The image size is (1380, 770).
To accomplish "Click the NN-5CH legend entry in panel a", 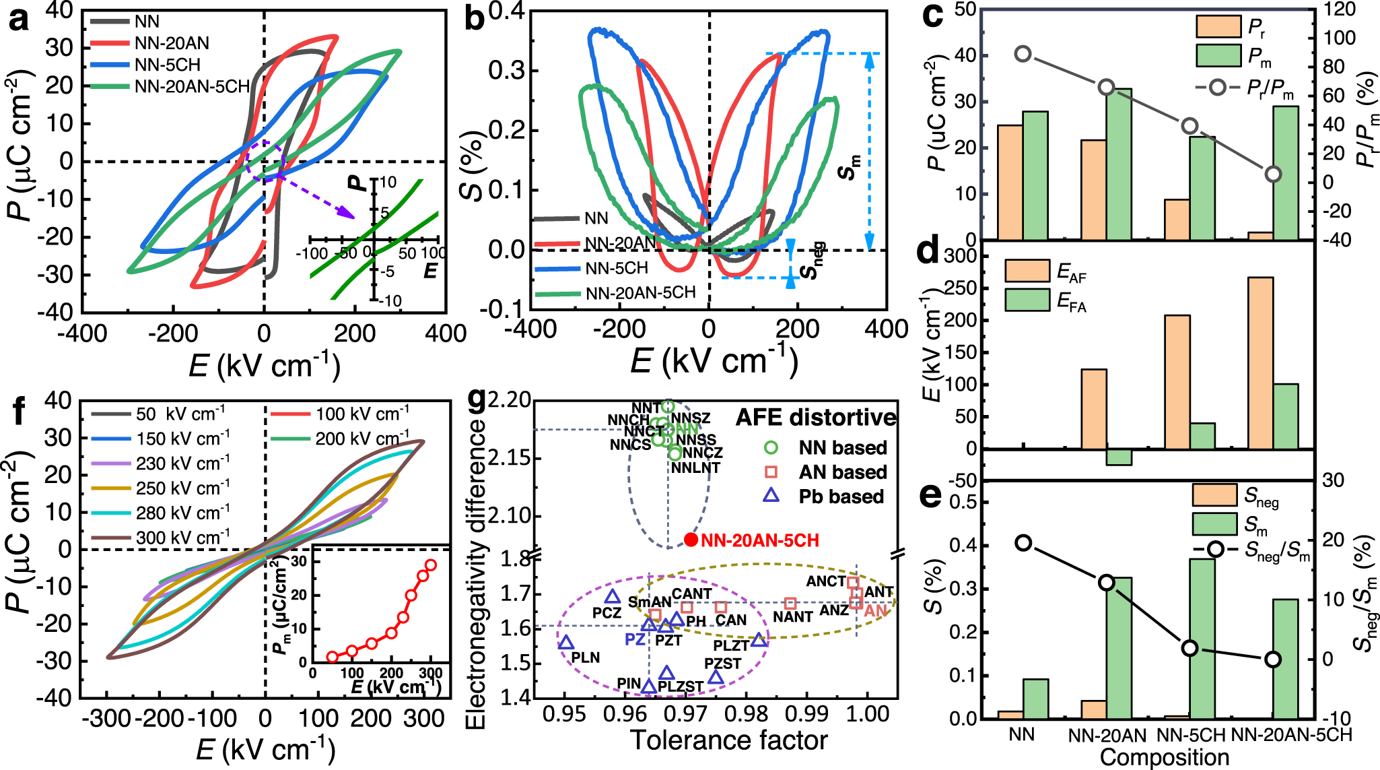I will tap(167, 65).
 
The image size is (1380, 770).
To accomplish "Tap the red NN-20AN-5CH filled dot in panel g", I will tap(691, 539).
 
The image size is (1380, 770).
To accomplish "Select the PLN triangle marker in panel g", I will tap(566, 643).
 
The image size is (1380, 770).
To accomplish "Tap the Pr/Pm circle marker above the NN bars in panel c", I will tap(1023, 55).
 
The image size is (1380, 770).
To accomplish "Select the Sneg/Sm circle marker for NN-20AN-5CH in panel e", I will tap(1272, 660).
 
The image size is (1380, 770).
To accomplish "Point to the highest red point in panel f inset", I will tap(430, 565).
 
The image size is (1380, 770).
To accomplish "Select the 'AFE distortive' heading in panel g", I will tap(815, 418).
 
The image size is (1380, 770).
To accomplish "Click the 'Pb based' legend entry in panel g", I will tap(841, 497).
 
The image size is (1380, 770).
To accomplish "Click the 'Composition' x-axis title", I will tap(1164, 757).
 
